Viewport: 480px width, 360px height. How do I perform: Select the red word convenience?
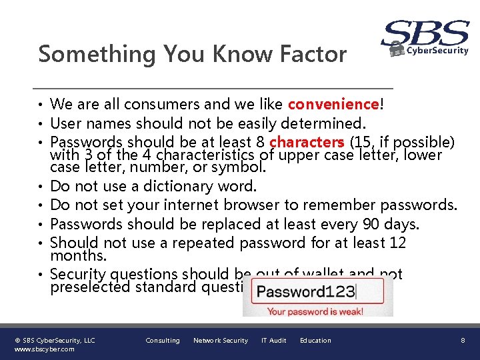[333, 104]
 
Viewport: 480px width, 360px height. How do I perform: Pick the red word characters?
[307, 142]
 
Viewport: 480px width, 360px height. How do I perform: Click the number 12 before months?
[397, 243]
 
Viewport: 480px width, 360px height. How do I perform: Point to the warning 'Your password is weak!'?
[315, 311]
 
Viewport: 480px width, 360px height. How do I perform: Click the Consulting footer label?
[163, 341]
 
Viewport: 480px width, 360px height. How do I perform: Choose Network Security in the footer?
[220, 341]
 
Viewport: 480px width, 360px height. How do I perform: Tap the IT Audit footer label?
[273, 341]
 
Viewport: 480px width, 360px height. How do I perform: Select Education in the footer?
[315, 341]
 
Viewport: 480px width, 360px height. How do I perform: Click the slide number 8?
[463, 341]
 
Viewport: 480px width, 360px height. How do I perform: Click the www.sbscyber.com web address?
[45, 349]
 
